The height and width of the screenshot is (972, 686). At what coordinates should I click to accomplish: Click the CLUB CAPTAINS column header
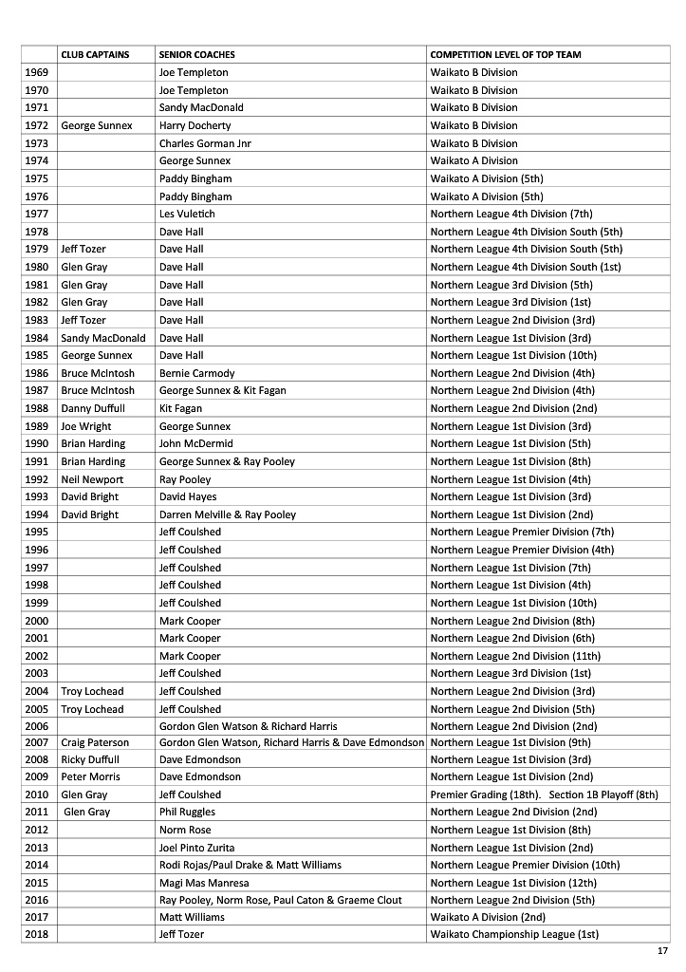coord(95,54)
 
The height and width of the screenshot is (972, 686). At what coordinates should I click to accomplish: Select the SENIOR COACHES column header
coord(196,54)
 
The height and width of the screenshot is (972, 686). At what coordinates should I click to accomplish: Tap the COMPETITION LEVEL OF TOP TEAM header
coord(505,54)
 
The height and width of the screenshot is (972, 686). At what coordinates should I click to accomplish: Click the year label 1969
coord(36,72)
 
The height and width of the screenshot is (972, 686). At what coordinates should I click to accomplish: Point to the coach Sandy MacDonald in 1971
coord(201,107)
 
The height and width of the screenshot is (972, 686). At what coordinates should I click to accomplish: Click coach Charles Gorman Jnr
coord(205,143)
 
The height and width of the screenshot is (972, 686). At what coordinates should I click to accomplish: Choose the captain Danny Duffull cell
coord(92,408)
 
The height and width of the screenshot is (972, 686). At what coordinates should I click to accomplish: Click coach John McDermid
coord(195,443)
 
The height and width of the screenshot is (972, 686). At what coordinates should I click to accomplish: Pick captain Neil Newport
coord(92,479)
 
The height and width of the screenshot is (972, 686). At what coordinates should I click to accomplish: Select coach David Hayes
coord(188,496)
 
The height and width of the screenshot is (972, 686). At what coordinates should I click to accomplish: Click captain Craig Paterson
coord(95,742)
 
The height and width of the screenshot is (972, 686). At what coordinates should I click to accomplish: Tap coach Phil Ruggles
coord(187,813)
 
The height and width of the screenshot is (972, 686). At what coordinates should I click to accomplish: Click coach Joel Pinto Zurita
coord(196,848)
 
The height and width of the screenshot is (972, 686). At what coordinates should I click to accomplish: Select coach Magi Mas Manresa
coord(200,883)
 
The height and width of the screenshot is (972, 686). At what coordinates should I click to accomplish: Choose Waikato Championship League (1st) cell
coord(514,935)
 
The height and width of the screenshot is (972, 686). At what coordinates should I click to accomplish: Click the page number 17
coord(662,951)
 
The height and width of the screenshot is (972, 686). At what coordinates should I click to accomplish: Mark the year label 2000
coord(36,621)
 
